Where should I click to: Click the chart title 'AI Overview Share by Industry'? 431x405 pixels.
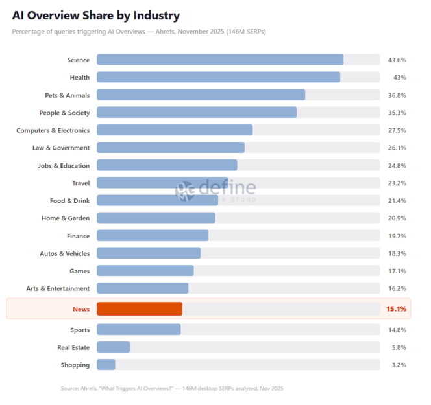click(x=96, y=15)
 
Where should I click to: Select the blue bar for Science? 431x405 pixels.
click(x=219, y=60)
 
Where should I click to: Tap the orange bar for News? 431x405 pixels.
click(x=139, y=309)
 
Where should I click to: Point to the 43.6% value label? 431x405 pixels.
click(x=397, y=60)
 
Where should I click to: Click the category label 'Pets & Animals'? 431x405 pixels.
click(x=67, y=95)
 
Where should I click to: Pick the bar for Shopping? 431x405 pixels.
click(x=106, y=365)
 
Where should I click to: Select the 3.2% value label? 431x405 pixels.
click(x=398, y=365)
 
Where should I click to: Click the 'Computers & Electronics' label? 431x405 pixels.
click(x=53, y=130)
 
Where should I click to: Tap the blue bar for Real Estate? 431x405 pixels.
click(x=113, y=347)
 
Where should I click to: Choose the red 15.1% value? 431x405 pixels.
click(x=396, y=309)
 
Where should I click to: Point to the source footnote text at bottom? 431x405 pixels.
click(x=172, y=388)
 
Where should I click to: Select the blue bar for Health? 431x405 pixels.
click(x=218, y=77)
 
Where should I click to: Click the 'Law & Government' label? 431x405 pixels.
click(x=61, y=148)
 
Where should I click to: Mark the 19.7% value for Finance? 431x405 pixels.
click(x=397, y=236)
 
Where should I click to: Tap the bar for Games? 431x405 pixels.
click(x=145, y=271)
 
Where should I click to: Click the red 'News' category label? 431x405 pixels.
click(x=80, y=309)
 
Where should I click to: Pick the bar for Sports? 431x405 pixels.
click(x=138, y=330)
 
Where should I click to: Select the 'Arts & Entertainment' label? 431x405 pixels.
click(x=58, y=288)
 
